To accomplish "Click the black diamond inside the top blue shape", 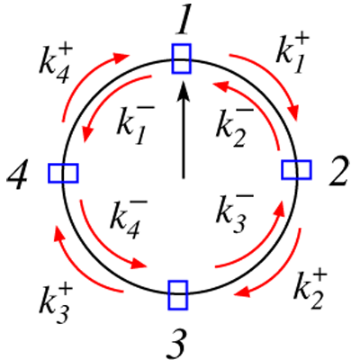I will coord(183,60).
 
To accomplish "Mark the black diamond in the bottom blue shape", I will coord(178,293).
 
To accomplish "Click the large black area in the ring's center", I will coord(180,171).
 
